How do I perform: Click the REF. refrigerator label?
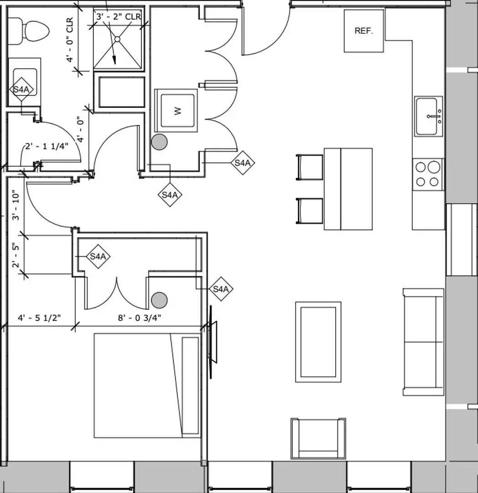tap(364, 31)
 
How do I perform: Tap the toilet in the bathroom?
tap(29, 31)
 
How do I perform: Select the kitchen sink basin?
tap(428, 116)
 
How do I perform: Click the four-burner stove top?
tap(428, 174)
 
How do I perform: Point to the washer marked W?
tap(176, 110)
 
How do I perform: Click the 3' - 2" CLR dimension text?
tap(119, 17)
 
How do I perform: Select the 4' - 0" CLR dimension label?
tap(69, 40)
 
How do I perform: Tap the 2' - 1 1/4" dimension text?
tap(47, 146)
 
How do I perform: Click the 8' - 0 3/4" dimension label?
tap(140, 318)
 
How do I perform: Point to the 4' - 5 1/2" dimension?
tap(39, 318)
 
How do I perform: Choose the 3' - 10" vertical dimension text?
tap(16, 206)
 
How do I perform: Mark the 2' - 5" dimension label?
tap(16, 255)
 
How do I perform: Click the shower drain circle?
tap(117, 39)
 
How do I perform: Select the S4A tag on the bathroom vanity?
tap(21, 89)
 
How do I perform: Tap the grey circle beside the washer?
tap(159, 142)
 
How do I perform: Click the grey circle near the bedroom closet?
tap(159, 300)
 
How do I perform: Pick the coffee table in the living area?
tap(318, 342)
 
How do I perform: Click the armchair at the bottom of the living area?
tap(318, 438)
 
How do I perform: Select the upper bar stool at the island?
tap(310, 167)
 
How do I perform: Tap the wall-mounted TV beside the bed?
tap(212, 342)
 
